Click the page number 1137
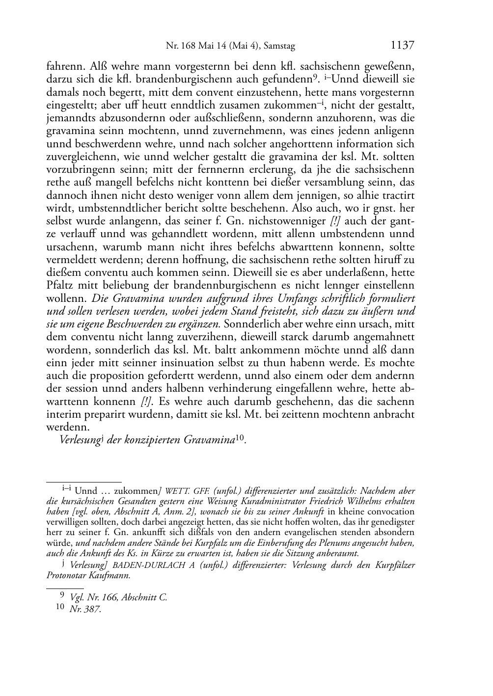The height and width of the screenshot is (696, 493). tap(402, 46)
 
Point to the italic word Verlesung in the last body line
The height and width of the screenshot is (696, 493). tap(80, 440)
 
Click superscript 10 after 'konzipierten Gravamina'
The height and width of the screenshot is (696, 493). tap(240, 438)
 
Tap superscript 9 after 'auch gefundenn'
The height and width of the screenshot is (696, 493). tap(318, 78)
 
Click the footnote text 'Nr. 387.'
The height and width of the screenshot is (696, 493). tap(86, 610)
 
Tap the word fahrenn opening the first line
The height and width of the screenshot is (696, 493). tap(64, 66)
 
